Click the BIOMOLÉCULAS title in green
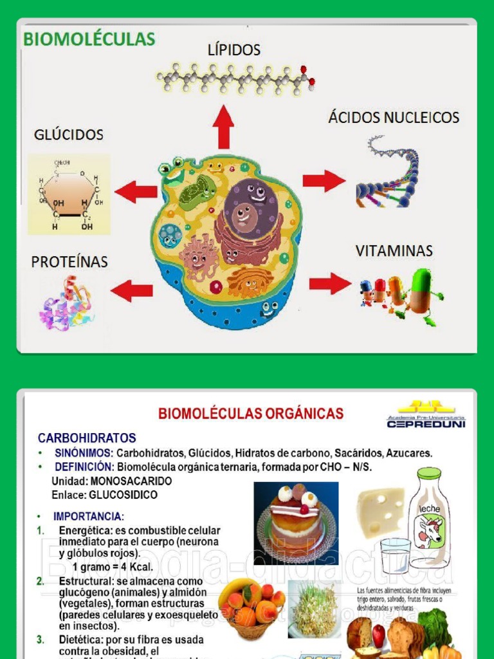click(x=89, y=39)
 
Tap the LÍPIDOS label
click(x=233, y=50)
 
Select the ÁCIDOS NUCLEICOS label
click(x=394, y=117)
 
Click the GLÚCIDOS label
click(x=69, y=135)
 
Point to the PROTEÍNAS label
click(x=69, y=262)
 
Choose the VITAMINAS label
click(x=394, y=250)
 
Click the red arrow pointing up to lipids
click(x=224, y=127)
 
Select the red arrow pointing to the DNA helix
click(x=324, y=181)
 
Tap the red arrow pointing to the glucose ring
click(x=136, y=191)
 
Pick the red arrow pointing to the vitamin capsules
click(x=330, y=283)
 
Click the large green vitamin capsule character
click(x=423, y=293)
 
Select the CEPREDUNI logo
click(x=426, y=415)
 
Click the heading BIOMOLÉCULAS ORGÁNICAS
click(x=251, y=414)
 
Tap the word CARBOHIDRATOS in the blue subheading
click(x=87, y=438)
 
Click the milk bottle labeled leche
click(x=428, y=513)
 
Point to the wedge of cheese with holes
click(x=381, y=511)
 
